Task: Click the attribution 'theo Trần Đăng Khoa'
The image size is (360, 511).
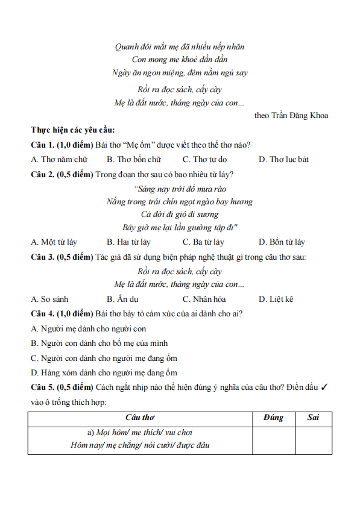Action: coord(291,115)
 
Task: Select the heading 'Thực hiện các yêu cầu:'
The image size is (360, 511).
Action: coord(73,130)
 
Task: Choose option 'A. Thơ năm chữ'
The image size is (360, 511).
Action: coord(59,159)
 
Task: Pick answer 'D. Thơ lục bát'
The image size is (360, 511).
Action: coord(283,159)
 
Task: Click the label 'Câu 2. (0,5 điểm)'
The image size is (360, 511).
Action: coord(62,175)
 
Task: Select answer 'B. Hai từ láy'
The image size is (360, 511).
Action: coord(128,242)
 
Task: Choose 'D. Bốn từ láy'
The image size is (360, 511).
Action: coord(282,242)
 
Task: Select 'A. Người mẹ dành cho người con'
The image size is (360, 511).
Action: coord(89,329)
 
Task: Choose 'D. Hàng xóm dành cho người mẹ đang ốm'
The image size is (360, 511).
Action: coord(104,373)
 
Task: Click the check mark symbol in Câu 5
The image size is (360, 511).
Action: coord(324,387)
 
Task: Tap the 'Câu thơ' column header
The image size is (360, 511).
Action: coord(140,418)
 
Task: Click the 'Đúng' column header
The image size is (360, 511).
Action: coord(273,418)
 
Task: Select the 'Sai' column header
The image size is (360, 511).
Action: coord(313,418)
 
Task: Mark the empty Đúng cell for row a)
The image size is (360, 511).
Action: coord(273,439)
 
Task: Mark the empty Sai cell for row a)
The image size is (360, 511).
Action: coord(313,439)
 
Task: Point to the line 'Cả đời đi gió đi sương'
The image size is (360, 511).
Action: coord(180,214)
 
